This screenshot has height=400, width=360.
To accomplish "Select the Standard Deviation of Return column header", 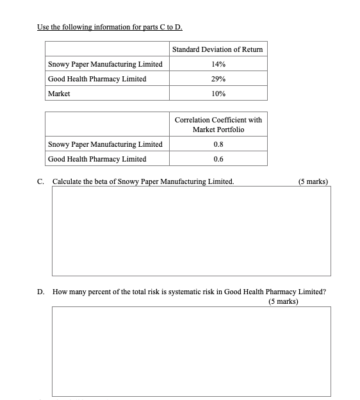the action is (x=218, y=49).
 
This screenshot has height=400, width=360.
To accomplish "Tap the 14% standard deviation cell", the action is (x=218, y=64).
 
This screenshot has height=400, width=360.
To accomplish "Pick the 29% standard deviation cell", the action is (x=218, y=79).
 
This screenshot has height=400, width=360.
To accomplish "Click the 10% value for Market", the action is (x=218, y=94).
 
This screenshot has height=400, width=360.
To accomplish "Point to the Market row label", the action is (x=59, y=94).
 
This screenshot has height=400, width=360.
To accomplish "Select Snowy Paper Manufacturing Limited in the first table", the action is (x=105, y=64).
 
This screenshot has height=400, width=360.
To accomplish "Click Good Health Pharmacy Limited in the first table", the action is (x=97, y=79).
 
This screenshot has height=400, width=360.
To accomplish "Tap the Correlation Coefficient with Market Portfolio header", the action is (x=218, y=124).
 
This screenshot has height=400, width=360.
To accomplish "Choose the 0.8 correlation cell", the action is (x=218, y=144).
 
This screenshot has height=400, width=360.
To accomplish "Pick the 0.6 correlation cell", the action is (x=218, y=159).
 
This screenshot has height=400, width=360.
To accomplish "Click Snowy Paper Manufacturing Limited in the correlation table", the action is (x=105, y=144).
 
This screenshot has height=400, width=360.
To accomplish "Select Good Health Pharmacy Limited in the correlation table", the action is (x=97, y=159).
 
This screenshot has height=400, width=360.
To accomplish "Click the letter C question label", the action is (x=41, y=181).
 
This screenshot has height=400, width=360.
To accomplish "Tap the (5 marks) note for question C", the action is (x=313, y=181).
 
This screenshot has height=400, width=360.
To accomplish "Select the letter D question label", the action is (x=41, y=291).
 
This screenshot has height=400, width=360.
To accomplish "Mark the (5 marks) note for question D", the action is (x=283, y=300).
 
